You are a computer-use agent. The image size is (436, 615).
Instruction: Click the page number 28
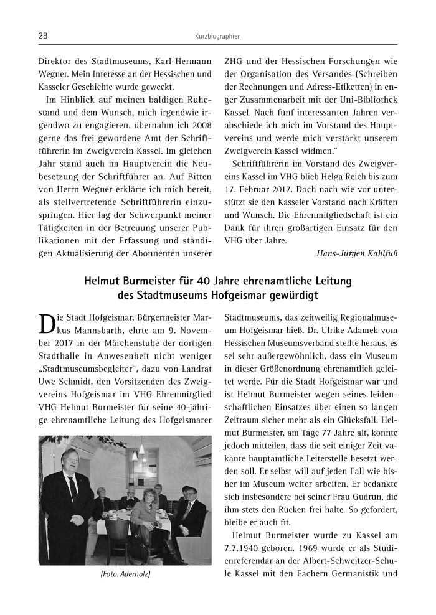click(x=43, y=36)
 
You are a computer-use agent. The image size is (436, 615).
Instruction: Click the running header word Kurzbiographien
click(x=217, y=37)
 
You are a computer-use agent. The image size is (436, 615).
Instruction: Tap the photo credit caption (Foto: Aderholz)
click(x=125, y=573)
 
